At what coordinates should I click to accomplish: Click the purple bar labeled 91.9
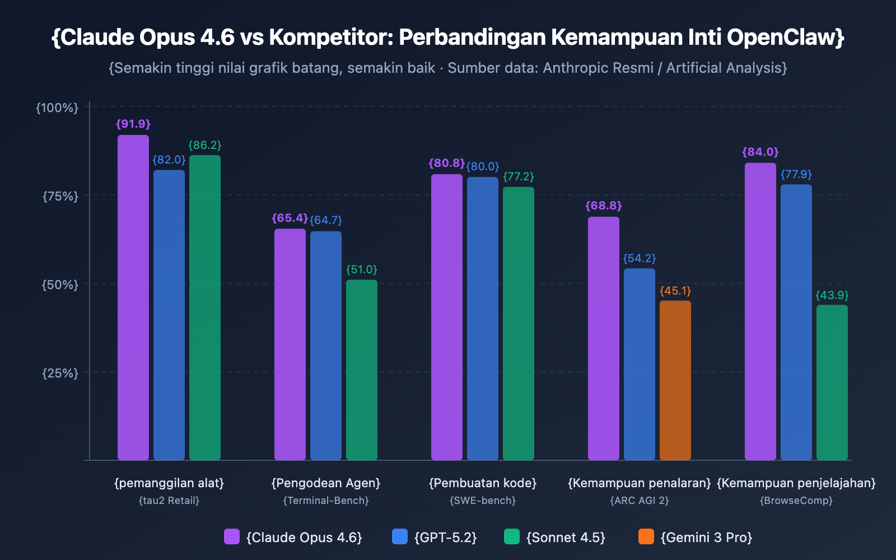point(133,297)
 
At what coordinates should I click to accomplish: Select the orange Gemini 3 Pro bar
point(675,381)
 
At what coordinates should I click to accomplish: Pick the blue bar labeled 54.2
point(639,364)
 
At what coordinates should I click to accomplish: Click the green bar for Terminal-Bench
point(361,370)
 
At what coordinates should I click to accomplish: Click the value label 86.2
point(205,146)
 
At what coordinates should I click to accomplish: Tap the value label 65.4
point(290,218)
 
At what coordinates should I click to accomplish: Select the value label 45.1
point(675,291)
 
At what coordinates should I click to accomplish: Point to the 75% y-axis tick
point(60,196)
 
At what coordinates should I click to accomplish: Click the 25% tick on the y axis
point(60,373)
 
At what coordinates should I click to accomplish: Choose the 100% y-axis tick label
point(57,108)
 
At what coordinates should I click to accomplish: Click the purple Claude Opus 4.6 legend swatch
point(232,536)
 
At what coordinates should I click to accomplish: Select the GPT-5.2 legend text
point(445,538)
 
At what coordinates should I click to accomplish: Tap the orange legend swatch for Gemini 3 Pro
point(646,536)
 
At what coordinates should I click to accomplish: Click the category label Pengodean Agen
point(326,483)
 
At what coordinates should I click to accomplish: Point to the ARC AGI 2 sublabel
point(640,501)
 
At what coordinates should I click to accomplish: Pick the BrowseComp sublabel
point(796,501)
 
